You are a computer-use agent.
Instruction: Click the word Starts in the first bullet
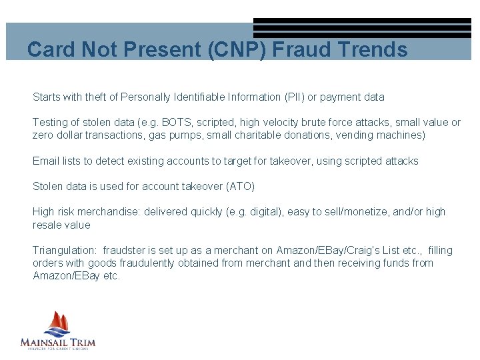click(x=47, y=97)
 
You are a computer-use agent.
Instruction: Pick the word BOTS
click(x=175, y=123)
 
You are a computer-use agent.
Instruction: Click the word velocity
click(x=270, y=123)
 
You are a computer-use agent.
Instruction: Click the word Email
click(x=46, y=161)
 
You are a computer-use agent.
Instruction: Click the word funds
click(x=381, y=263)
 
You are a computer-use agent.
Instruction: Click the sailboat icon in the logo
click(x=57, y=324)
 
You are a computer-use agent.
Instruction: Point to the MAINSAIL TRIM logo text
click(x=58, y=343)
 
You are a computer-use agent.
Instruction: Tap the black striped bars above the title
click(x=362, y=28)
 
